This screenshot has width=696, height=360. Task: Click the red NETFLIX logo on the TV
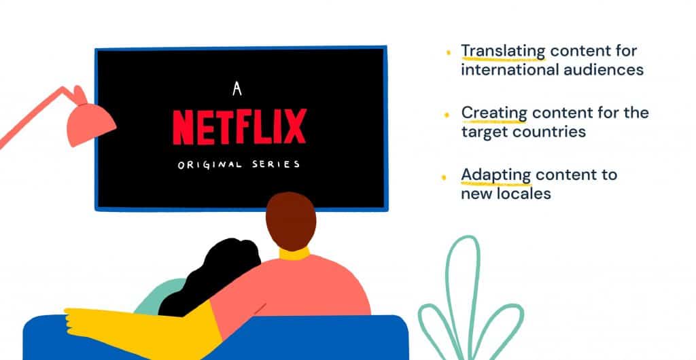click(x=239, y=127)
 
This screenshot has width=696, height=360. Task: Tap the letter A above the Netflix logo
click(x=237, y=89)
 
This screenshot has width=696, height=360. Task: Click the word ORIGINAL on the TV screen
click(x=210, y=165)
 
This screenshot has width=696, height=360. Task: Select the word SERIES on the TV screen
click(x=276, y=164)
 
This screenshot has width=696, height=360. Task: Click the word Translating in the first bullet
click(x=503, y=52)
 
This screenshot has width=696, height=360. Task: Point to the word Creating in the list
click(x=494, y=113)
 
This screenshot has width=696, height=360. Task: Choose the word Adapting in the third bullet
click(x=495, y=175)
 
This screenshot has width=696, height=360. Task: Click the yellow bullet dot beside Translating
click(x=448, y=52)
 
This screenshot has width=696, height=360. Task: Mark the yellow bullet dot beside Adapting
click(x=443, y=178)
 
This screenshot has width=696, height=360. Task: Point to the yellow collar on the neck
click(x=294, y=254)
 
